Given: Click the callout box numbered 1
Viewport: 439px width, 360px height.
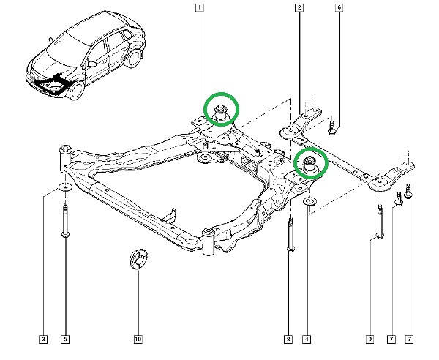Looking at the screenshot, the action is point(199,7).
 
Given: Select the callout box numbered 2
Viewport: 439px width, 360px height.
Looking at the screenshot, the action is point(299,7).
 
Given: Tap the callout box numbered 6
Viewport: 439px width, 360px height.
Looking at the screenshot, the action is point(339,7).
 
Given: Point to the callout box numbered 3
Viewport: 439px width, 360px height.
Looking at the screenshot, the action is point(43,340).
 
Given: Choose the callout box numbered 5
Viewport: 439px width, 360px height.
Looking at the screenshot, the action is point(65,340).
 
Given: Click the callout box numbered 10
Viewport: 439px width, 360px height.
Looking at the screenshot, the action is point(138,340).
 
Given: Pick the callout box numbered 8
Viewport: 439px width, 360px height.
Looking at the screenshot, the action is point(288,340).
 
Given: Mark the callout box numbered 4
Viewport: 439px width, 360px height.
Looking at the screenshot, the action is point(307,340).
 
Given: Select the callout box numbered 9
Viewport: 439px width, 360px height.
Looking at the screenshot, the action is point(369,340).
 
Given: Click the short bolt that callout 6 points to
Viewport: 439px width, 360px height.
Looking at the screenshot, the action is point(332,127).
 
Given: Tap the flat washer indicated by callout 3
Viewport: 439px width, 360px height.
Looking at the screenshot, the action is point(65,187).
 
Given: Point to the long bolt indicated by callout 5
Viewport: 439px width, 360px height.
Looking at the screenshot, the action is point(65,221).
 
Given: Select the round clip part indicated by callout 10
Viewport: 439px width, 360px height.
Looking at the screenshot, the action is point(138,258).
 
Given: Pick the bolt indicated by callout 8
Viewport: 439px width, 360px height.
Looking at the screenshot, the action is point(290,236).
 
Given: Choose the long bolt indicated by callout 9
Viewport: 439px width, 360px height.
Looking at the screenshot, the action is point(380,222).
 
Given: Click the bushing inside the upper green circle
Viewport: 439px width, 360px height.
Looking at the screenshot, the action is point(221,113).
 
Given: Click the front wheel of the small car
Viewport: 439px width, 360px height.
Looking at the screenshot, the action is point(75,91).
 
